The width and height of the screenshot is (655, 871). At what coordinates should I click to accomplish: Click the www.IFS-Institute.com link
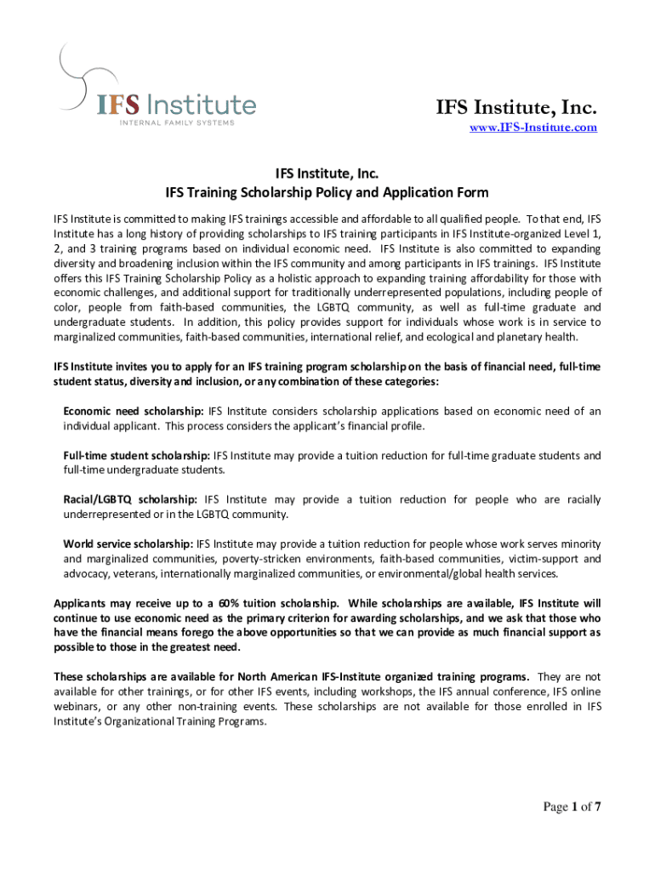(x=533, y=128)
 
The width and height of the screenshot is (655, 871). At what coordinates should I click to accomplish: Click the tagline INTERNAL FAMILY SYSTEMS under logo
(x=176, y=123)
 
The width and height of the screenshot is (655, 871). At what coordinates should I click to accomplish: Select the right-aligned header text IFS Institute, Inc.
(x=516, y=107)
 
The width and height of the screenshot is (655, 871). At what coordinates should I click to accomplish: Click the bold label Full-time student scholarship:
(x=137, y=456)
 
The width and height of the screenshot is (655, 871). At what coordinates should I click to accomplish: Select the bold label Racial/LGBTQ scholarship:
(x=131, y=499)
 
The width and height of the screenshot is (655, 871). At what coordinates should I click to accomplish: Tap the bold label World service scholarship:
(x=128, y=544)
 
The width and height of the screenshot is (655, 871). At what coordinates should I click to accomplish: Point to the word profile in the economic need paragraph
(x=405, y=425)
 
